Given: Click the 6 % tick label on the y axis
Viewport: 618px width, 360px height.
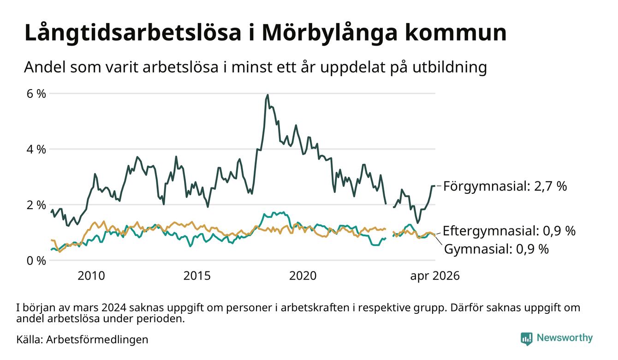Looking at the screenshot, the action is [x=36, y=94].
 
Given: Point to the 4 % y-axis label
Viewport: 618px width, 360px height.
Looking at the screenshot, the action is [x=36, y=150].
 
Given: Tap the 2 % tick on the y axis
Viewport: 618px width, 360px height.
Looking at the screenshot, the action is [x=36, y=205].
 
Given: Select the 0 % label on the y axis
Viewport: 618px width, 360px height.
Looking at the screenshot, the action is [x=36, y=261].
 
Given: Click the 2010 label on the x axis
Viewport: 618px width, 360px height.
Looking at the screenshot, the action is [x=91, y=276].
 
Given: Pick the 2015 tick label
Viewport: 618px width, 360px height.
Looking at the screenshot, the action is [x=197, y=276].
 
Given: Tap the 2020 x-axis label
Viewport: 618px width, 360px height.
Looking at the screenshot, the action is [x=303, y=276].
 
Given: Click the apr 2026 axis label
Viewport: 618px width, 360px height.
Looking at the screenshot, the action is [x=435, y=276].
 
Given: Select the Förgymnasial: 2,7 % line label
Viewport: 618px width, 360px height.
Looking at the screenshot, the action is [x=505, y=186].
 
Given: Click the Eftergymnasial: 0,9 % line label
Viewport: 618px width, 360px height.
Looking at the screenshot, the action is [x=509, y=231].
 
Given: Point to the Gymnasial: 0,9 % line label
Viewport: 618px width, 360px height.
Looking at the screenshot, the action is [x=497, y=249].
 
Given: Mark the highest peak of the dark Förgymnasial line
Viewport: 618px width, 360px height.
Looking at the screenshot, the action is [x=267, y=95].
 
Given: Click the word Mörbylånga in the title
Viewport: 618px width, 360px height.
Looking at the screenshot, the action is [x=330, y=33].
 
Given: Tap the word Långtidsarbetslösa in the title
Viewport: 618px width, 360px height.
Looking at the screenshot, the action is [x=133, y=33].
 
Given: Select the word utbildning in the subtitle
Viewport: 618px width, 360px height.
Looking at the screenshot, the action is [x=450, y=67].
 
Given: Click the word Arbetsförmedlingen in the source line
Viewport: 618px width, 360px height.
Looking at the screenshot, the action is [x=97, y=340].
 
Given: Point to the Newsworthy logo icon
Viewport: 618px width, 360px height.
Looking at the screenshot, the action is [x=527, y=339].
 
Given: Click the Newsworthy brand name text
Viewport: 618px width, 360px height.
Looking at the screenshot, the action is [x=565, y=338].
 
